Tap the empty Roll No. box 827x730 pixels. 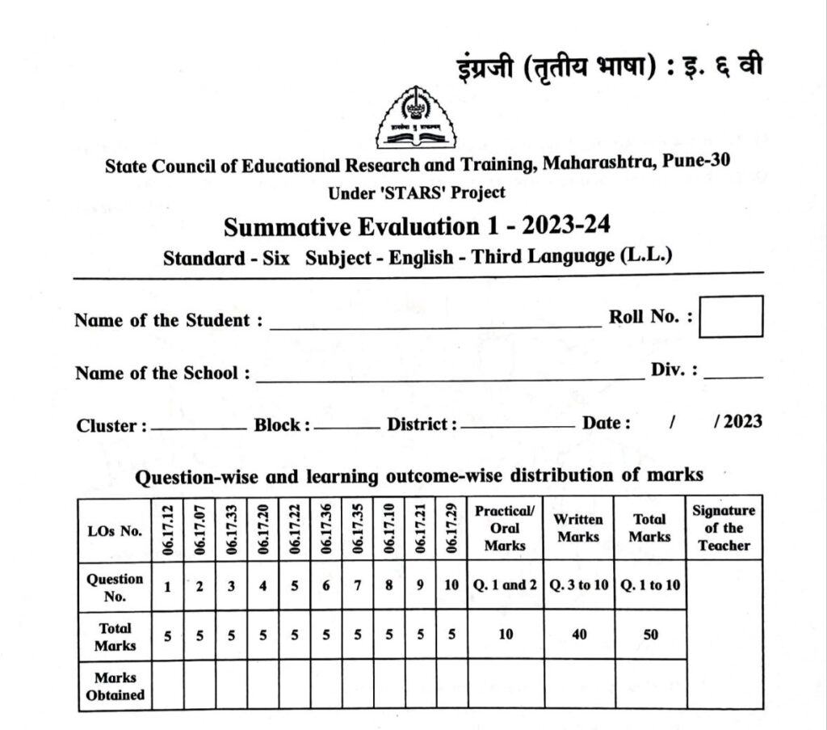730,316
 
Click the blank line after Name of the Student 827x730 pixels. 436,324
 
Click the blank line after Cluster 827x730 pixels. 198,428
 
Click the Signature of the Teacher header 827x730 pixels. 724,528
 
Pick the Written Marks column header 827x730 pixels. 578,528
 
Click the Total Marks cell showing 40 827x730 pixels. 578,635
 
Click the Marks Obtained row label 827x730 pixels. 115,686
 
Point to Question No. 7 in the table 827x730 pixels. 357,586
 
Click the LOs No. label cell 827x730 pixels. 115,531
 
